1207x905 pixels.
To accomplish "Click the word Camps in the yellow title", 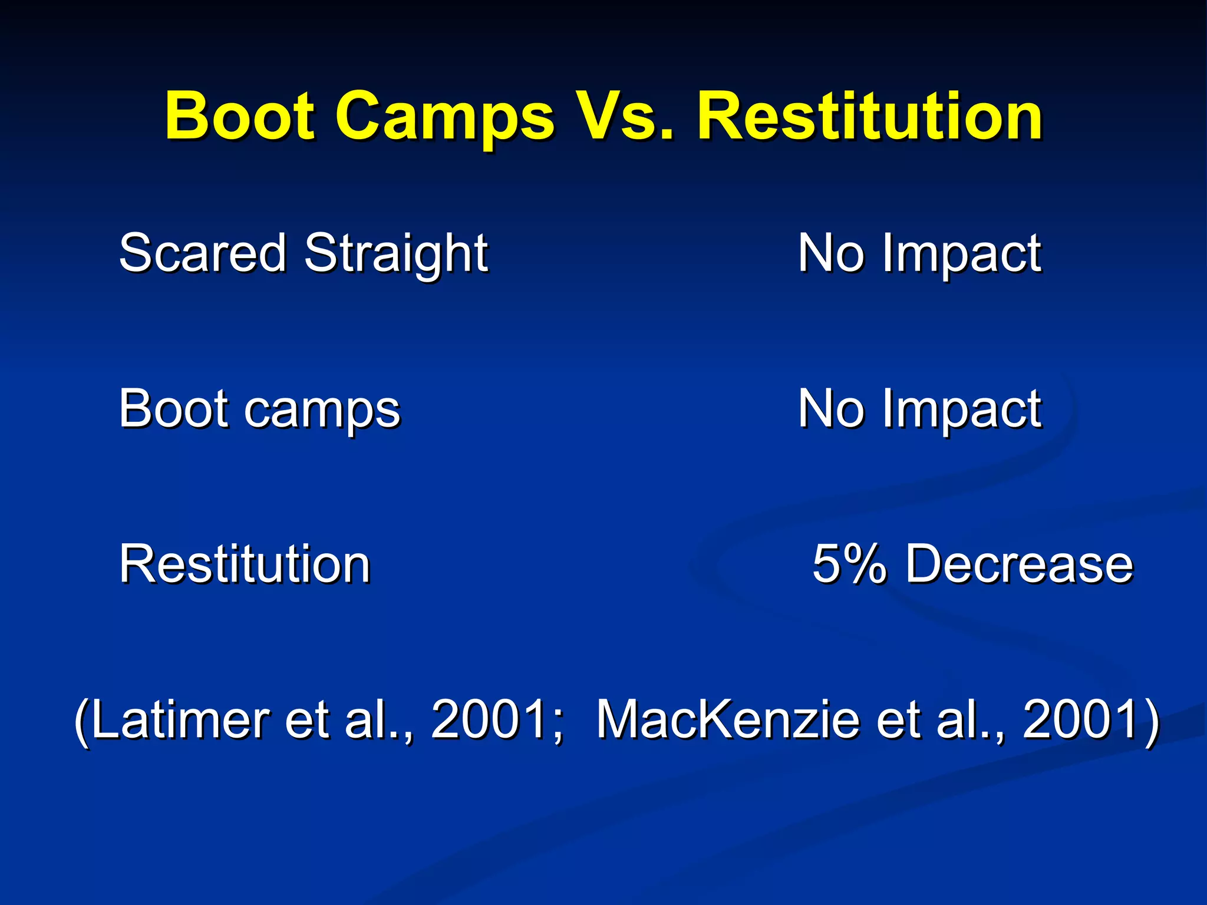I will pos(445,117).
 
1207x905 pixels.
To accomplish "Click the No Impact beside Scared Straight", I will pos(919,253).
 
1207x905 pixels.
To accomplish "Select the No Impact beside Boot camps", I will pos(919,409).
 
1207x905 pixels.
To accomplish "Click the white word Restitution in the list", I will pos(245,564).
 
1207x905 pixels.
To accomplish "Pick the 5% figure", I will pos(849,564).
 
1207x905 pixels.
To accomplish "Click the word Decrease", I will pos(1019,564).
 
